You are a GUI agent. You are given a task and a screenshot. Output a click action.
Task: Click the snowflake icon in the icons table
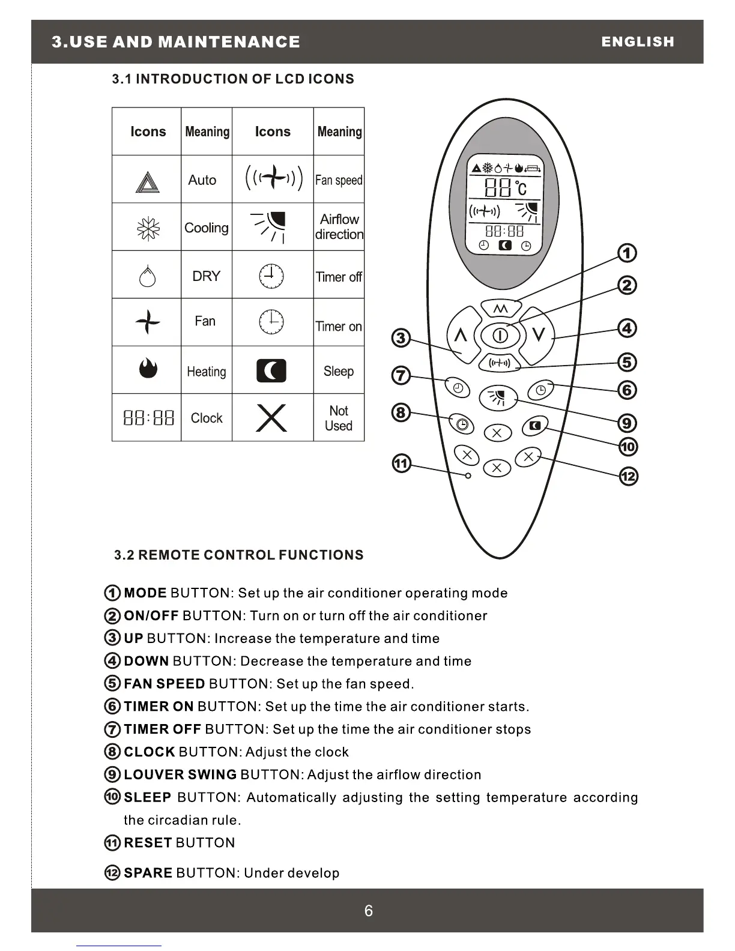click(147, 228)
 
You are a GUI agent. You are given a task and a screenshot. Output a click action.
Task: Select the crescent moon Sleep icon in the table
click(271, 371)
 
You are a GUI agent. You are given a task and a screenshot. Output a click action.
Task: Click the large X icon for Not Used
click(271, 418)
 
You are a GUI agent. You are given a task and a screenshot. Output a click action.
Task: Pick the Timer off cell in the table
click(339, 277)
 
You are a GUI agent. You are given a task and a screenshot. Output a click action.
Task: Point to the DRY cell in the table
click(206, 276)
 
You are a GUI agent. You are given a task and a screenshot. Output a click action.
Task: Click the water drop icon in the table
click(147, 276)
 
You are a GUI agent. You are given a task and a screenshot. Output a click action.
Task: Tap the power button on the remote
click(500, 336)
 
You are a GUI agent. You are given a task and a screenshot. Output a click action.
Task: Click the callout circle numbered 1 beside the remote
click(627, 253)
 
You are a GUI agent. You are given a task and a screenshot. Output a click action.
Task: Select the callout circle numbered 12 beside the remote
click(628, 477)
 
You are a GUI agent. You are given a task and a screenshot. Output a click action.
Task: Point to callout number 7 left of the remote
click(401, 376)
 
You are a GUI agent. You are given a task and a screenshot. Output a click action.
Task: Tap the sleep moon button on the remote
click(536, 426)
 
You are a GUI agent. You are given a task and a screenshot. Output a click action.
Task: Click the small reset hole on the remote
click(468, 475)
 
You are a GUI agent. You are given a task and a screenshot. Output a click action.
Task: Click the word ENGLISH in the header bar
click(638, 42)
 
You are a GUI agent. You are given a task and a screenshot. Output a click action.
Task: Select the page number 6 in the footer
click(368, 911)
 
